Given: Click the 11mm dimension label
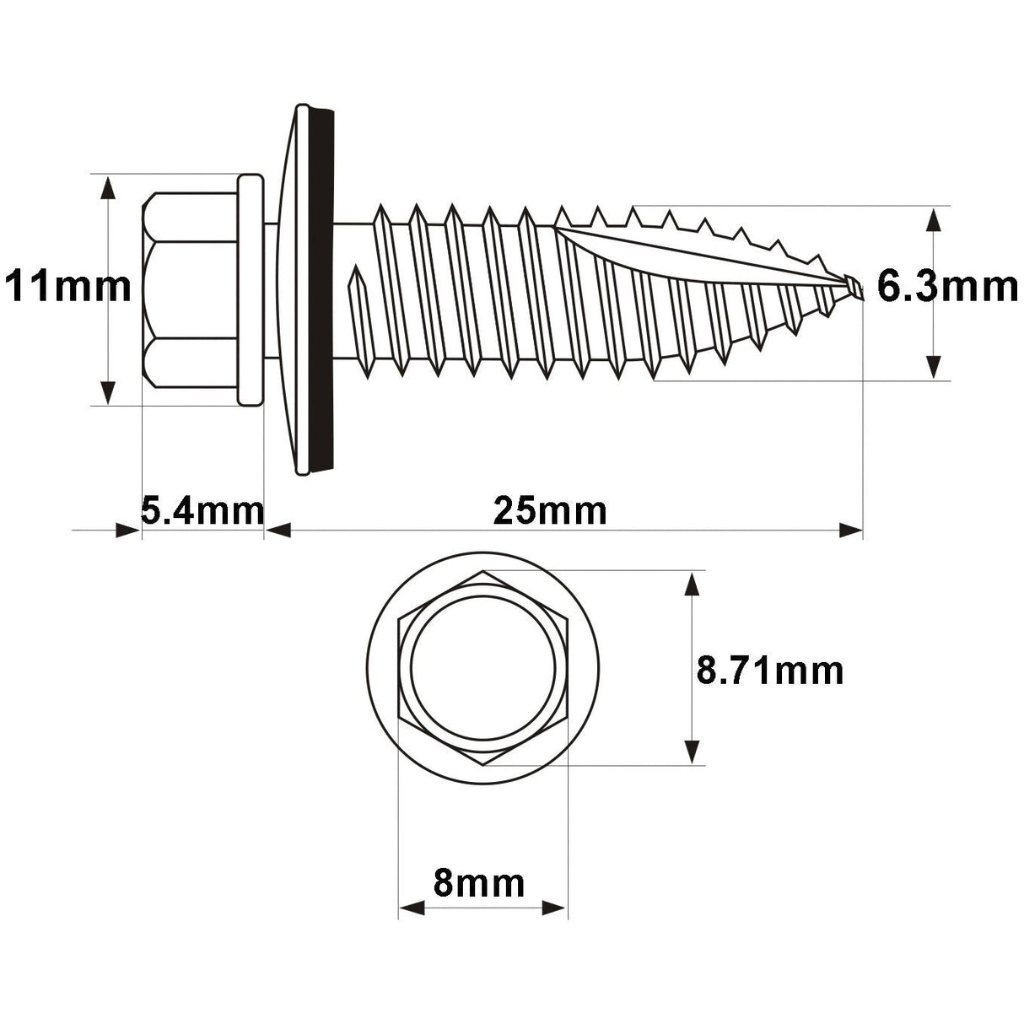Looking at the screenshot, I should pos(68,288).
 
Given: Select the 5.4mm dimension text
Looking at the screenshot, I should pos(202,511).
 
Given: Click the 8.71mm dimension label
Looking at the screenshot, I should pos(770,672).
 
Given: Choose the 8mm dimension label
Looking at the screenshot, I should pos(479,884).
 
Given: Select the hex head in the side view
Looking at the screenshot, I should pos(191,290).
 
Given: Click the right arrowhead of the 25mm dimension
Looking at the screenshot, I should pos(850,531).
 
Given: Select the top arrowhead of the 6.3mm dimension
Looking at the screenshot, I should pos(933,218).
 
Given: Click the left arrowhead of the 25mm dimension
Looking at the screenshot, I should pos(278,531).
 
